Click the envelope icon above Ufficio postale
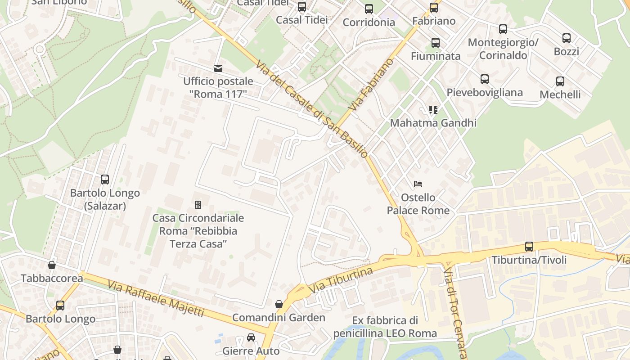[x=218, y=68]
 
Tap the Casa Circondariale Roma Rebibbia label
[x=198, y=231]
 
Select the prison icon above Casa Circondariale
[x=198, y=205]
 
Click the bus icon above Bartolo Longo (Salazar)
[x=105, y=180]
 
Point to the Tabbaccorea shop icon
[x=52, y=265]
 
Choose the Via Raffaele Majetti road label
[x=156, y=298]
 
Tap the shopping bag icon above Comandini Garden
[x=279, y=304]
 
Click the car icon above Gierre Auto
[x=251, y=337]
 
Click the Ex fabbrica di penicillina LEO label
[x=385, y=327]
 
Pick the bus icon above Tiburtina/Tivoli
[x=529, y=247]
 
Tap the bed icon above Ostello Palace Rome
[x=418, y=184]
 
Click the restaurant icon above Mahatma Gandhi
[x=433, y=110]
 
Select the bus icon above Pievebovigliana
[x=485, y=79]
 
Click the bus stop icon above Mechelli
[x=560, y=81]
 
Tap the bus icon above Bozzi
[x=567, y=38]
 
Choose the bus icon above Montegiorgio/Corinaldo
[x=503, y=29]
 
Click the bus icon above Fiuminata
[x=436, y=43]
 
